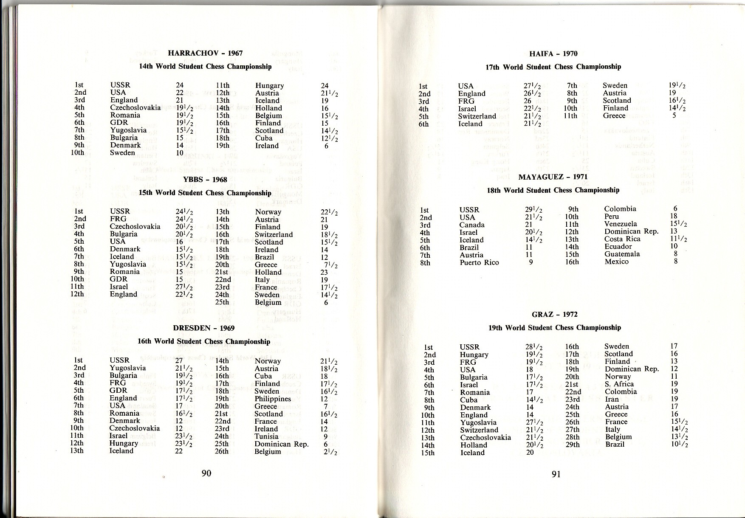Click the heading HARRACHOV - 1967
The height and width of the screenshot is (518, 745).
[205, 53]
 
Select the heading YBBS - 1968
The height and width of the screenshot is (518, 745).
[205, 180]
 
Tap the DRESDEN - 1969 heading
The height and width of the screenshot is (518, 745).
[203, 328]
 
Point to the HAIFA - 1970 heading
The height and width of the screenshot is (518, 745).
[553, 53]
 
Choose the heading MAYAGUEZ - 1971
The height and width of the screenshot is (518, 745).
[553, 177]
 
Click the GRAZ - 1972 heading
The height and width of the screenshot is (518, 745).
[554, 315]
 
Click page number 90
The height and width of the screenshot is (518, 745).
[206, 473]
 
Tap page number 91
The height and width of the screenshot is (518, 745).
[556, 474]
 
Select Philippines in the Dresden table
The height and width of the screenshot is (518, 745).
[273, 399]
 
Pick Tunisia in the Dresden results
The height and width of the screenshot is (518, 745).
[267, 436]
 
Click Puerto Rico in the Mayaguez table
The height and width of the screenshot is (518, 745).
[479, 262]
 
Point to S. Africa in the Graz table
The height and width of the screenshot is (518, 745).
[619, 384]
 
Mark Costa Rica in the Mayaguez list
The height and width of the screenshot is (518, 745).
[622, 239]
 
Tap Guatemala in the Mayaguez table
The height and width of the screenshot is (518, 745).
[622, 254]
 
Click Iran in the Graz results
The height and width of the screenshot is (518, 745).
[612, 399]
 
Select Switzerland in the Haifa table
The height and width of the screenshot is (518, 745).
[477, 116]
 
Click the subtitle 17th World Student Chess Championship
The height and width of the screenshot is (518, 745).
[553, 67]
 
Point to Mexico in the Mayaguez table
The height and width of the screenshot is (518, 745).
[616, 262]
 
